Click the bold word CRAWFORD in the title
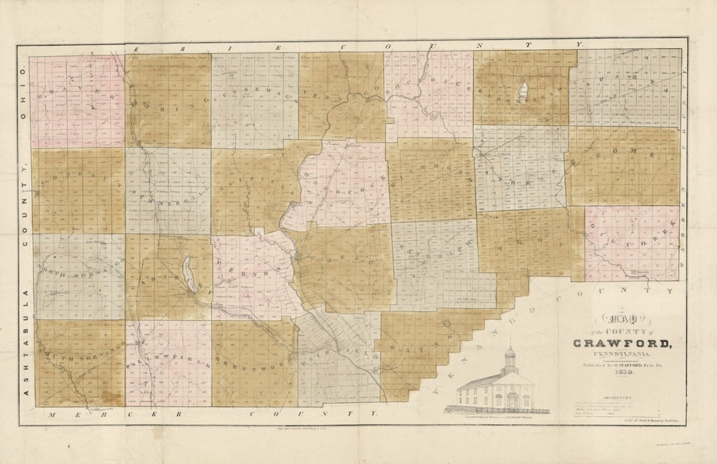(623, 343)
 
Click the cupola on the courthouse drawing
(510, 358)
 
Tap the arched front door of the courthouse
(511, 400)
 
